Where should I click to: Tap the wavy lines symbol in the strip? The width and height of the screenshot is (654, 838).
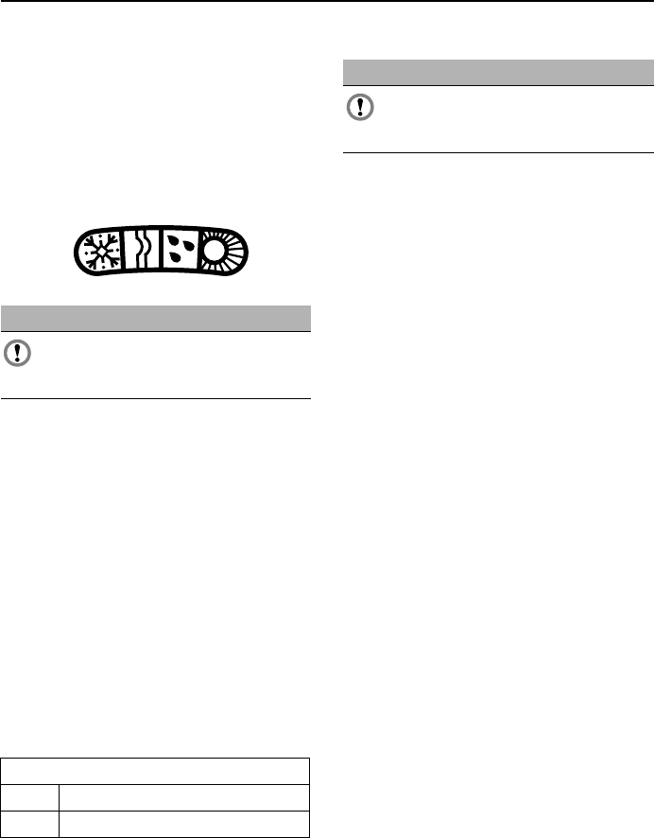(x=141, y=253)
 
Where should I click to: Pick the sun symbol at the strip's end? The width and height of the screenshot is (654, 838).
(x=219, y=252)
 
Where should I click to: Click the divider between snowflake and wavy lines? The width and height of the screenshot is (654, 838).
(x=123, y=253)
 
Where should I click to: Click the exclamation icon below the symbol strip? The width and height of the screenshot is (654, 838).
(x=17, y=354)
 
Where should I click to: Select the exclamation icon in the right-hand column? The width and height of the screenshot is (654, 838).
(x=359, y=108)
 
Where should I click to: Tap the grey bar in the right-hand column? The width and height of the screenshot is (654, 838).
(x=497, y=73)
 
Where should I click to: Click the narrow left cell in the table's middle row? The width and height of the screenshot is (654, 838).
(x=30, y=797)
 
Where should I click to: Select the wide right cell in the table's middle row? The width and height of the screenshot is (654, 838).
(x=184, y=797)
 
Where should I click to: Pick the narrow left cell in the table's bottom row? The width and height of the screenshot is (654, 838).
(x=30, y=824)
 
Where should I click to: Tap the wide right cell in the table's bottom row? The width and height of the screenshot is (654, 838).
(x=184, y=824)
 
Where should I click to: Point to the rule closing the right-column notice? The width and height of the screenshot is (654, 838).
(x=497, y=152)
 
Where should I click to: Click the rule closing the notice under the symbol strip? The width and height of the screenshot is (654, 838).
(x=156, y=398)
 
